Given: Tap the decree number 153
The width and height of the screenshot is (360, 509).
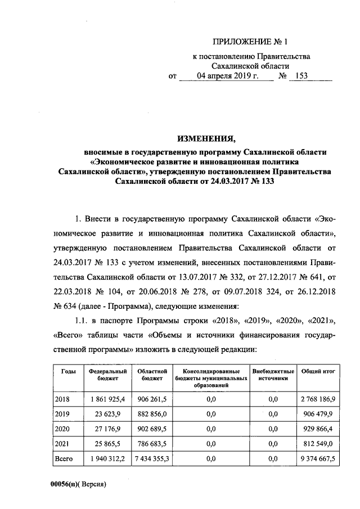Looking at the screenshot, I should click(x=302, y=76).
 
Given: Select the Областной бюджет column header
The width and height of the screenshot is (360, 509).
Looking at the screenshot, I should click(x=150, y=375).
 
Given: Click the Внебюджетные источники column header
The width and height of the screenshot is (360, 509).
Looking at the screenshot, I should click(x=273, y=375).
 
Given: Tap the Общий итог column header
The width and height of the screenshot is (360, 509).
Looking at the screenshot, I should click(x=319, y=372).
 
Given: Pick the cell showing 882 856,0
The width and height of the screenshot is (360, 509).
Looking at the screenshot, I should click(x=150, y=414).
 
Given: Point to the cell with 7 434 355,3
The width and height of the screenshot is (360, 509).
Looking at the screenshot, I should click(x=150, y=460).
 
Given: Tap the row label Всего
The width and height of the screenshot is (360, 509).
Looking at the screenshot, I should click(x=64, y=460).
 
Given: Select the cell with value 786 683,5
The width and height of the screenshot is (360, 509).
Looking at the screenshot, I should click(x=150, y=444).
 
